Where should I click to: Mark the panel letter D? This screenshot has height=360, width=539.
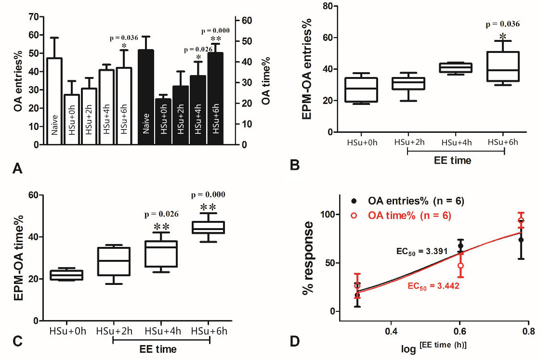tap(294, 342)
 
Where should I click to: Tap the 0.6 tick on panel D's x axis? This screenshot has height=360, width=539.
tap(460, 332)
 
